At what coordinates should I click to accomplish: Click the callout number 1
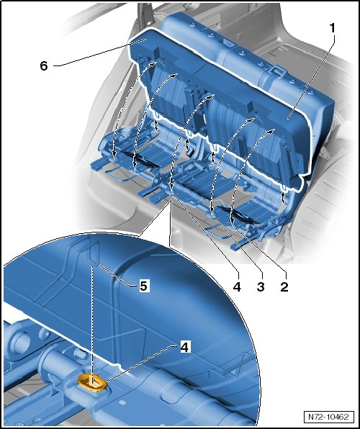[332, 28]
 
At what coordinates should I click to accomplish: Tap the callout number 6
[44, 66]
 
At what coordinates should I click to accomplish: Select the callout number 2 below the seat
[284, 286]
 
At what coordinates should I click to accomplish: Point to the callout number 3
[261, 286]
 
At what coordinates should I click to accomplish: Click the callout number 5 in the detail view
[143, 286]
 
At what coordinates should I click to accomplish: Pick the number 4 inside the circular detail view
[184, 348]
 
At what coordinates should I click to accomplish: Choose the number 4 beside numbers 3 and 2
[237, 286]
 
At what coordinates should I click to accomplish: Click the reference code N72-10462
[329, 417]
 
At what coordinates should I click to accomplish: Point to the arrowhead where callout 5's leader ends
[100, 266]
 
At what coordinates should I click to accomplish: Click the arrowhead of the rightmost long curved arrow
[272, 131]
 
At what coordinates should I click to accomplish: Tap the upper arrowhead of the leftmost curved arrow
[156, 63]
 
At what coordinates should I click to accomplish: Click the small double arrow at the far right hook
[283, 197]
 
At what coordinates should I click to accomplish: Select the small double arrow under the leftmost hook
[156, 125]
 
